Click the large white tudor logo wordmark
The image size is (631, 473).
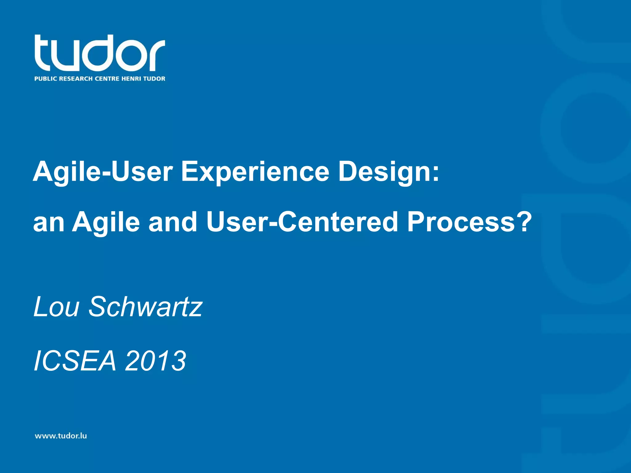[100, 53]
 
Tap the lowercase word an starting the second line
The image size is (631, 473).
[49, 222]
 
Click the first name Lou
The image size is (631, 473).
[56, 307]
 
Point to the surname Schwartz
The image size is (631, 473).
[145, 307]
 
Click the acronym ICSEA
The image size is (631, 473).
[75, 361]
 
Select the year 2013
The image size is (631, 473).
[155, 361]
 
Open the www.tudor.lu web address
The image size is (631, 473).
[61, 436]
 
